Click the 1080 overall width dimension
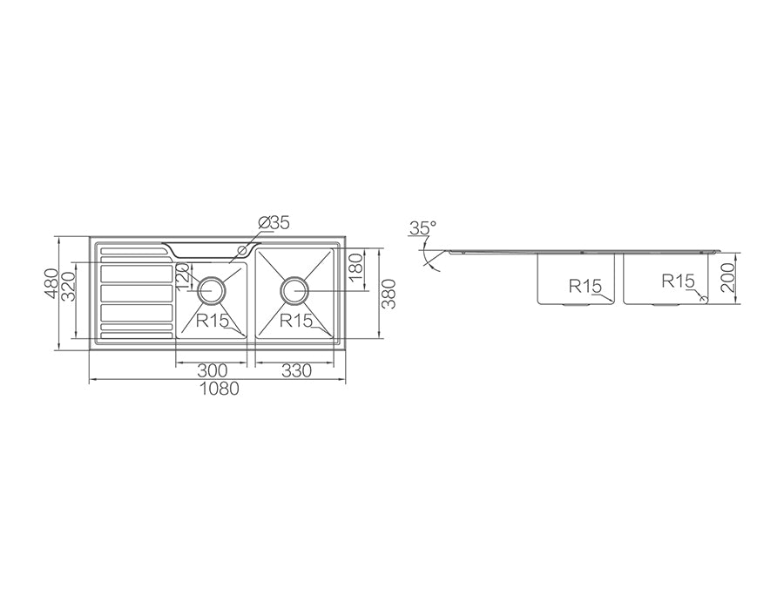pyautogui.click(x=219, y=388)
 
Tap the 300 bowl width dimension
pyautogui.click(x=212, y=370)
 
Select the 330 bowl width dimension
pyautogui.click(x=296, y=370)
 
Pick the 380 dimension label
pyautogui.click(x=389, y=294)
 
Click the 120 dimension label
pyautogui.click(x=183, y=279)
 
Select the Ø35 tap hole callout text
pyautogui.click(x=274, y=222)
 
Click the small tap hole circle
pyautogui.click(x=243, y=249)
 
